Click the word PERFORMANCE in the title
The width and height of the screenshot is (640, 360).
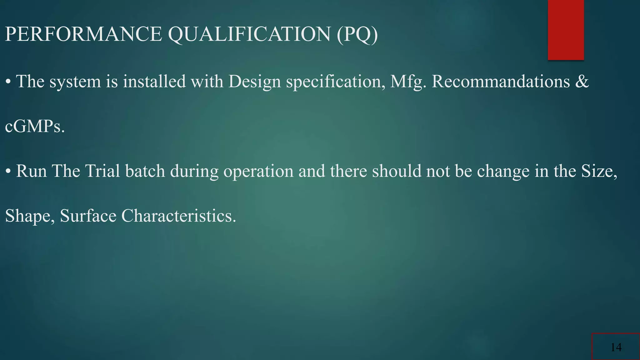pos(83,34)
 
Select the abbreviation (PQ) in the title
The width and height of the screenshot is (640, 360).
pos(357,34)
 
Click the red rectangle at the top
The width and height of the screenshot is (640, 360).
pos(566,30)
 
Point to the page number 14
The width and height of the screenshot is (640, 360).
pos(616,347)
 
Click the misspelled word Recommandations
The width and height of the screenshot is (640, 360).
pos(501,82)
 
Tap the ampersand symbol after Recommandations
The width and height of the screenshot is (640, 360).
pos(582,82)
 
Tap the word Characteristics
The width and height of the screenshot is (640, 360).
pos(178,216)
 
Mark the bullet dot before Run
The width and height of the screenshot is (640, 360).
pos(8,172)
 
